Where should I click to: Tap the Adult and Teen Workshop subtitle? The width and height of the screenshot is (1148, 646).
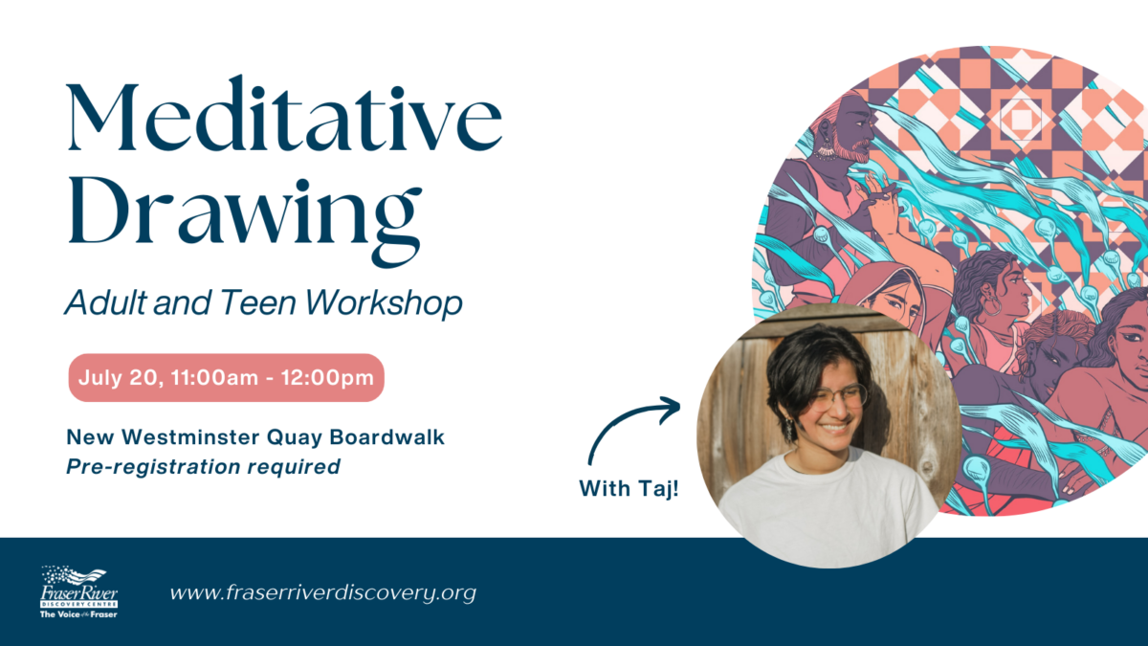click(x=263, y=302)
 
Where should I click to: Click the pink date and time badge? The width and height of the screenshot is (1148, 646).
click(x=226, y=378)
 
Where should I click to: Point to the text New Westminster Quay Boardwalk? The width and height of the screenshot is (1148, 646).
click(x=255, y=437)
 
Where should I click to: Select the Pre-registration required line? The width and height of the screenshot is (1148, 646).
click(x=203, y=467)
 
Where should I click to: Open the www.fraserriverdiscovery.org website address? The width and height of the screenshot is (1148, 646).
click(x=322, y=592)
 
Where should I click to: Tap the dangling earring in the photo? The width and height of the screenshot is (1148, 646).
click(x=790, y=430)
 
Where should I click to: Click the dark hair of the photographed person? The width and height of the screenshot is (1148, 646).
click(x=804, y=359)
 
